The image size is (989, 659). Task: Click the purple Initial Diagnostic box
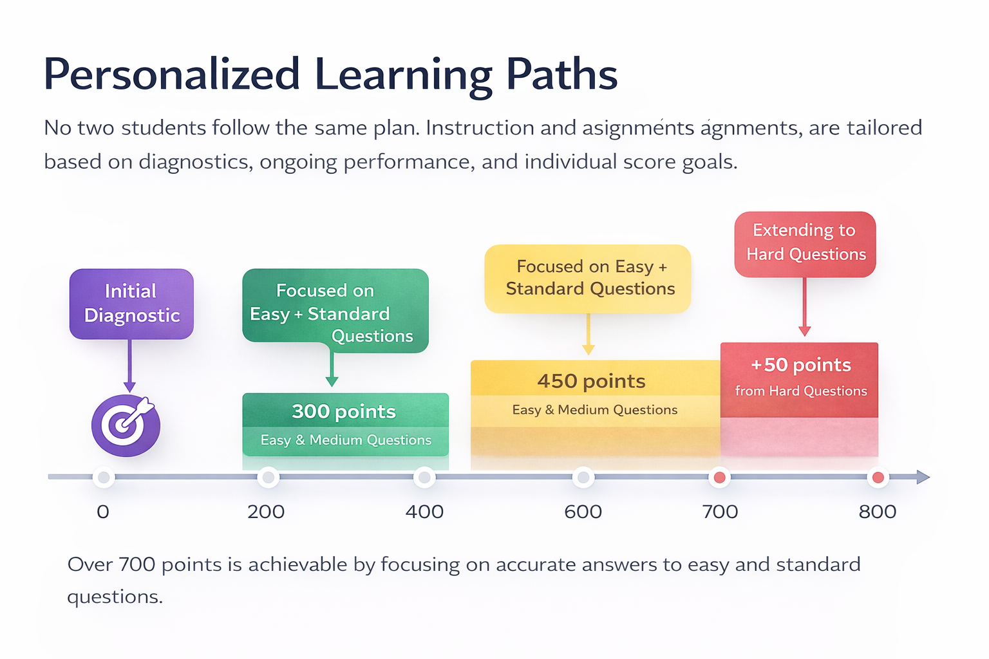pos(131,304)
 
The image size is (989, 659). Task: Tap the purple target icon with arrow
pos(126,425)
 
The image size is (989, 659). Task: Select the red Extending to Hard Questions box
pos(805,244)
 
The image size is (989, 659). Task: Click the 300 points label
pos(344,411)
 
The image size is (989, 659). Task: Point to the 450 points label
pos(591,381)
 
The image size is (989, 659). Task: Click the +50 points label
pos(801,365)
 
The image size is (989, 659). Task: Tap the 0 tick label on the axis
pos(103,512)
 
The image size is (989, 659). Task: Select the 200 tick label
pos(266,512)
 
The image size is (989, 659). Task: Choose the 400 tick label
pos(424,512)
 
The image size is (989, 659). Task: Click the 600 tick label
pos(583,512)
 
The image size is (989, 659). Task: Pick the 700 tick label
pos(720,512)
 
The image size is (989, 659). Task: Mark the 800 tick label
pos(878,512)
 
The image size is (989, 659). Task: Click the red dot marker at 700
pos(720,478)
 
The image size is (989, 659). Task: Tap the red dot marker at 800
pos(878,478)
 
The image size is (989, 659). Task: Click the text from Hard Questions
pos(801,391)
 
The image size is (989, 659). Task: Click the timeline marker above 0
pos(103,478)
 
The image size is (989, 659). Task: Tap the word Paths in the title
pos(561,75)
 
